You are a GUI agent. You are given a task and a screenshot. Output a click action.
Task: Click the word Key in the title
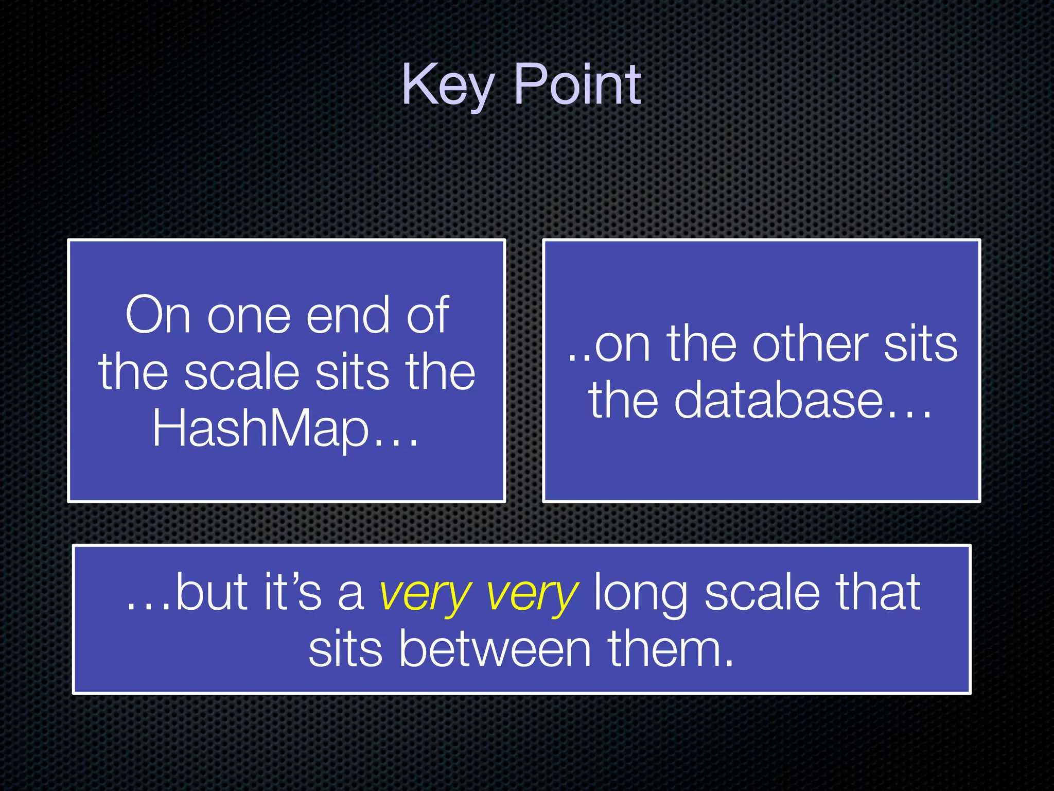pos(447,85)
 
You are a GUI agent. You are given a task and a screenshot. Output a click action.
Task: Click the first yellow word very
pos(425,594)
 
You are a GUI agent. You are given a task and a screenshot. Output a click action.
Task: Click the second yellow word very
pos(532,594)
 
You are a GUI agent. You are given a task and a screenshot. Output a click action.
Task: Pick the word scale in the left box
pos(242,372)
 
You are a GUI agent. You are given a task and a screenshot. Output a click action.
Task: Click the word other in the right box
pos(810,344)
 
